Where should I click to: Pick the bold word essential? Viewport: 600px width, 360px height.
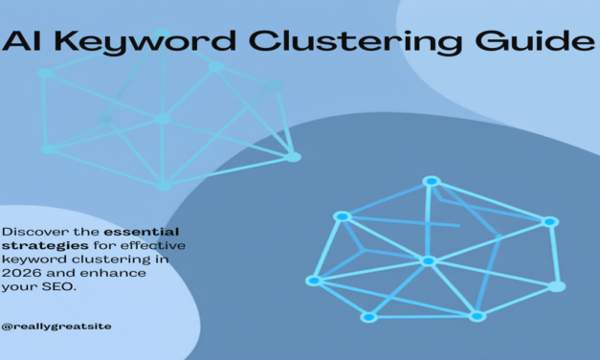(146, 232)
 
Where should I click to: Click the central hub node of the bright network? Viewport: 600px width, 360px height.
(428, 260)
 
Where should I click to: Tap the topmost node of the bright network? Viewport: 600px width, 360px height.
(431, 181)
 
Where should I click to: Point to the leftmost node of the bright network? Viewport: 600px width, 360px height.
(312, 281)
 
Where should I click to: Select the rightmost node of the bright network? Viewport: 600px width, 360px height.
(558, 286)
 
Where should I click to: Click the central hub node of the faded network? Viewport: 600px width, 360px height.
(162, 119)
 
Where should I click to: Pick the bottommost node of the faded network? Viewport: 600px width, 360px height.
(164, 185)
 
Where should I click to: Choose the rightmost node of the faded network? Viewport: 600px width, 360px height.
(294, 156)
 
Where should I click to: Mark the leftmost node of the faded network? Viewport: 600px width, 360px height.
(48, 148)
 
